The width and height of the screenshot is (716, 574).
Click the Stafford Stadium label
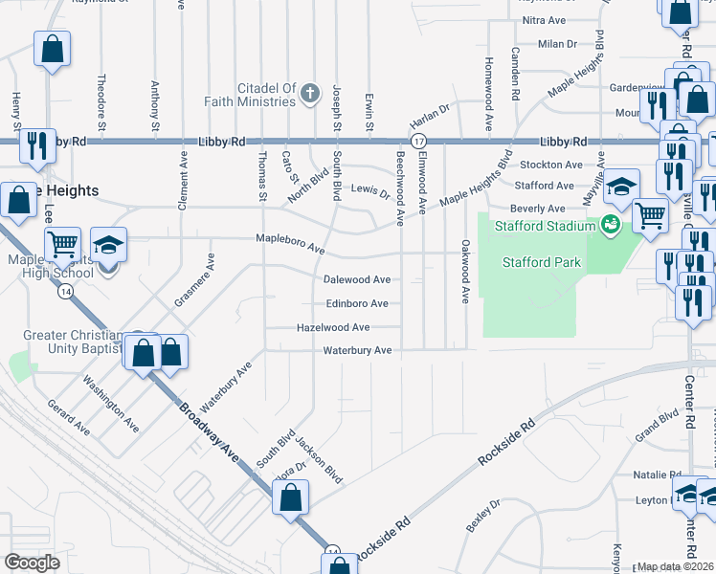[543, 227]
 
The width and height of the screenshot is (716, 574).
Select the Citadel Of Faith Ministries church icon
[309, 94]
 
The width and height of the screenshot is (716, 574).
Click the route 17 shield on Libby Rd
[418, 142]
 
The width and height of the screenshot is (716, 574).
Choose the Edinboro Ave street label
[357, 303]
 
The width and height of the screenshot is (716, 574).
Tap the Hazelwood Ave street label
[333, 327]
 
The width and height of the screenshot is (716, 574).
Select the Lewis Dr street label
[369, 191]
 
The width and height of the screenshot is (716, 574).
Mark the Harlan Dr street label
[430, 119]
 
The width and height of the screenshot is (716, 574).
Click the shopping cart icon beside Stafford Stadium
[650, 215]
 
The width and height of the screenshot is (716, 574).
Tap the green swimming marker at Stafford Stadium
[610, 226]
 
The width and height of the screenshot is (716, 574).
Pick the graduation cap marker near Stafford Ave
[621, 185]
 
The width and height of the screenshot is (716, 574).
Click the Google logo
[33, 563]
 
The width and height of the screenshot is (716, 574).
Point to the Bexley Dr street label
[482, 517]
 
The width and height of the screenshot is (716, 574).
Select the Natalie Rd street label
[657, 475]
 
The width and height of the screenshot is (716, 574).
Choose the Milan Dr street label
[557, 44]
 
